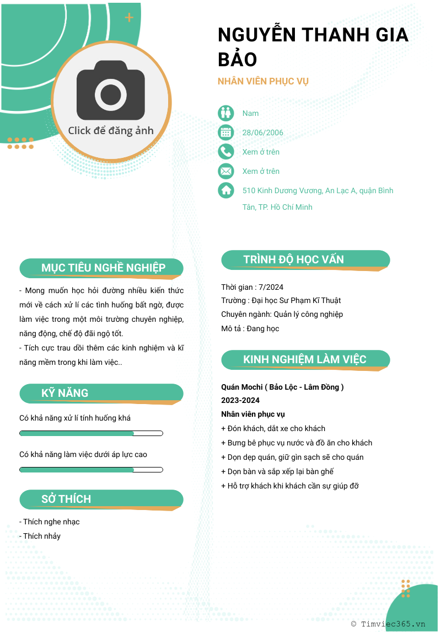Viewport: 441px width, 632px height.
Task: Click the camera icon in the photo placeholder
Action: pos(111,91)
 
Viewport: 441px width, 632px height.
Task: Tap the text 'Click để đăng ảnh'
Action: pos(111,131)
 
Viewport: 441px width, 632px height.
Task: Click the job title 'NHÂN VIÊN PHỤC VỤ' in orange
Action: pos(263,81)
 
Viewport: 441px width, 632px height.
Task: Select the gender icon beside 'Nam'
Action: pos(226,113)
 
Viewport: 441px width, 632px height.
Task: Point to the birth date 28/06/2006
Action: pos(263,132)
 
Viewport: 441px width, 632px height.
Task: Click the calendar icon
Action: pos(226,132)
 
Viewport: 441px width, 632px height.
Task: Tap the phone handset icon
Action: pos(226,152)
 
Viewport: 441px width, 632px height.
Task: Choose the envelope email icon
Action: pos(226,171)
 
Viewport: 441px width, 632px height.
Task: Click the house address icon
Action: pos(226,190)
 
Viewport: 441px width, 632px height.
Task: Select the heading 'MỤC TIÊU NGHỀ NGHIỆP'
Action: pos(103,268)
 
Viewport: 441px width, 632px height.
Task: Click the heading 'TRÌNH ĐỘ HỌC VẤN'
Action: pos(293,259)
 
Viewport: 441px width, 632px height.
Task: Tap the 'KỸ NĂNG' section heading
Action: pos(64,393)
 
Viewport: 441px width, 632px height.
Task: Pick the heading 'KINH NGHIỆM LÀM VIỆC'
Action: pos(304,359)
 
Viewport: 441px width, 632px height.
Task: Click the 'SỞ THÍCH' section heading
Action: pos(66,499)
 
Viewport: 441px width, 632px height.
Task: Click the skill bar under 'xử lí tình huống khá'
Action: pos(91,433)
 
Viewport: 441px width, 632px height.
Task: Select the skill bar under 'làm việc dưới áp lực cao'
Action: pos(91,470)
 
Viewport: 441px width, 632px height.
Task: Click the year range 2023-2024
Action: pos(240,400)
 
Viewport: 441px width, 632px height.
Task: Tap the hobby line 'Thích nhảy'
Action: pos(40,536)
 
